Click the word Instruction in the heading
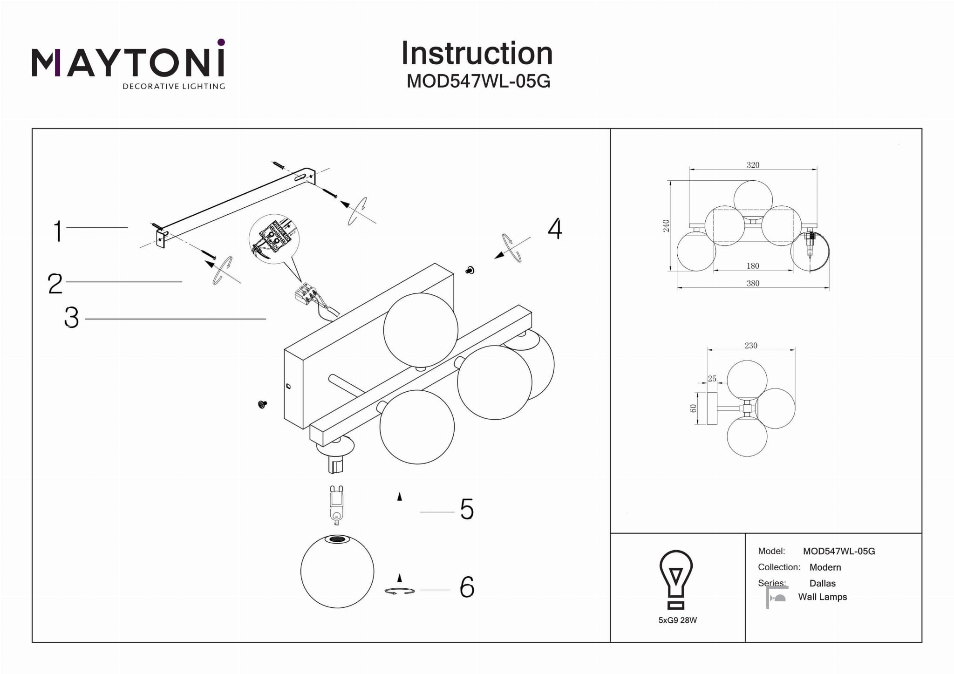(x=477, y=53)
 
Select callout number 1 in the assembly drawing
(x=58, y=231)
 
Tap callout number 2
(x=55, y=283)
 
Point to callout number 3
(x=71, y=318)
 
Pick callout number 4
(x=555, y=229)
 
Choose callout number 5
(x=467, y=509)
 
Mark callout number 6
(x=467, y=587)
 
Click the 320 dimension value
(x=753, y=165)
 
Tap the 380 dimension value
(x=753, y=283)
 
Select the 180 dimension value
(x=753, y=266)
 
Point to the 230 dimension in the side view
(x=751, y=346)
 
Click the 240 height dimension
(x=666, y=225)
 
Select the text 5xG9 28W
(x=677, y=620)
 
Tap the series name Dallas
(x=822, y=583)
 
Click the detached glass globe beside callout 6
(x=337, y=572)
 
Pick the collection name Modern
(x=825, y=567)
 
